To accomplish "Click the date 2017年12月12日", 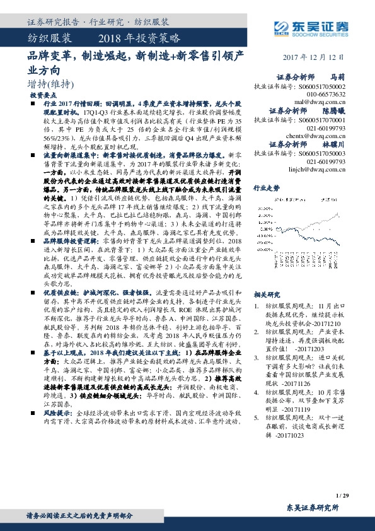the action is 318,57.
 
